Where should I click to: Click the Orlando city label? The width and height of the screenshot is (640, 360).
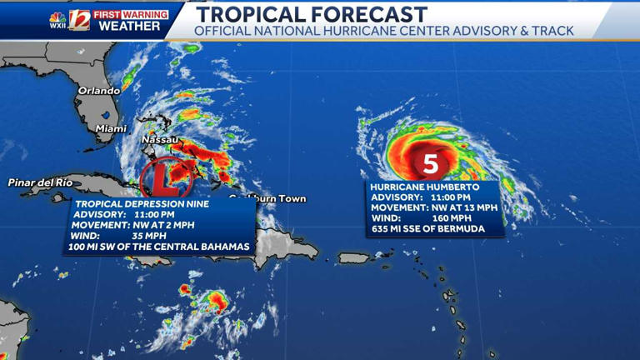tap(99, 90)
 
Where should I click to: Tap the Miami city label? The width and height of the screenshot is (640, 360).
tap(111, 128)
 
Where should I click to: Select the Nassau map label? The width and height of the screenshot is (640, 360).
tap(159, 139)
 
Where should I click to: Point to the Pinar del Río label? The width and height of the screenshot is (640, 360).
tap(40, 182)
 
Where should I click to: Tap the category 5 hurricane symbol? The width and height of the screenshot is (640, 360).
tap(431, 163)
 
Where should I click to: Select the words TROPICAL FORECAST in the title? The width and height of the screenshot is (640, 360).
tap(311, 14)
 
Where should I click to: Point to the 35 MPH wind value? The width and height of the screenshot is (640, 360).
tap(147, 236)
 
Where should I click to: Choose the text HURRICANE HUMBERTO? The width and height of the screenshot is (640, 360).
tap(420, 187)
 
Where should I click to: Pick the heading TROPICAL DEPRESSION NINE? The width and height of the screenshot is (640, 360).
tap(142, 203)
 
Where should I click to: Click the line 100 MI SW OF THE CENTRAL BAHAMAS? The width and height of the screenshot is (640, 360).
tap(158, 247)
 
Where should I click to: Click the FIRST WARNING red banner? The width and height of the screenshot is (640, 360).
tap(130, 15)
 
